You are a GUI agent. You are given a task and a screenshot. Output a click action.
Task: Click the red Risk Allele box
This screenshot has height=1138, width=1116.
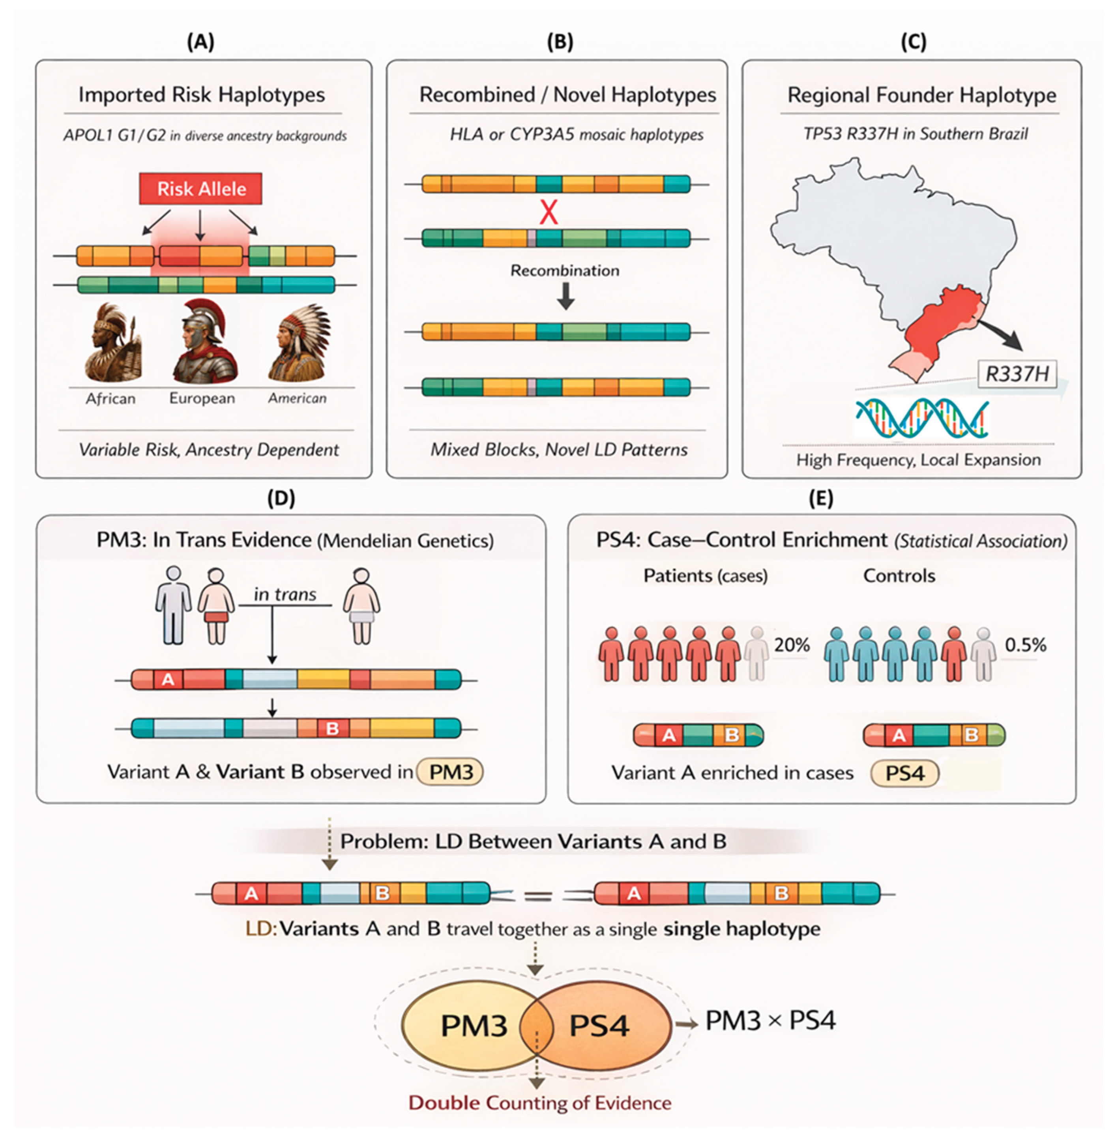coord(200,189)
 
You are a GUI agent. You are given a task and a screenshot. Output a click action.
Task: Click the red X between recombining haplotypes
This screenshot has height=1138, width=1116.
coord(549,212)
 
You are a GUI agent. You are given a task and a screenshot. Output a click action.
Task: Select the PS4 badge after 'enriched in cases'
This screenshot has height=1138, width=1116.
coord(904,773)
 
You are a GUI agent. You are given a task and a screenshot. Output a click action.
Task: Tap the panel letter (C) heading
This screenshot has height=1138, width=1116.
coord(913,42)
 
